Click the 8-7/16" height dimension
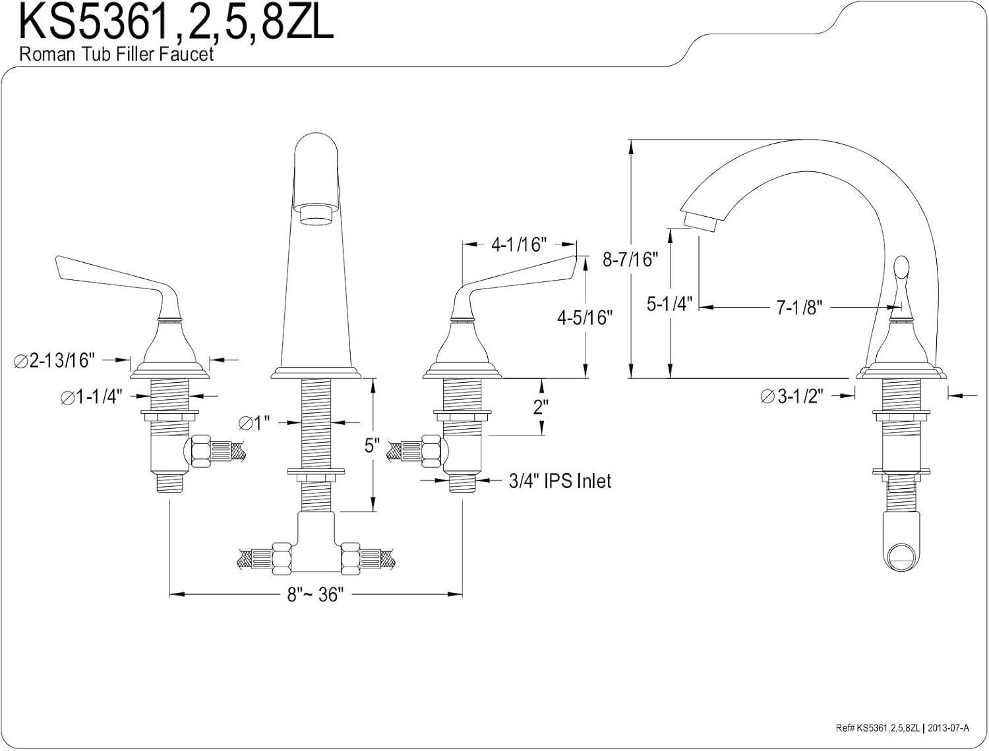(630, 259)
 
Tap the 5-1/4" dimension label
(669, 304)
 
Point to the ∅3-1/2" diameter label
(791, 396)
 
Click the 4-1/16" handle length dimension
(520, 244)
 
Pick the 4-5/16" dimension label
(585, 318)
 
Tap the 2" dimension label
(541, 406)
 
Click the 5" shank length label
(373, 446)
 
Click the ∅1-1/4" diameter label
(92, 397)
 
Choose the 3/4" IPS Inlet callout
(560, 481)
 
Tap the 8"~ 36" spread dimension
(316, 595)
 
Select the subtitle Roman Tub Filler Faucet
(116, 54)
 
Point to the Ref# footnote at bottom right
(901, 728)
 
